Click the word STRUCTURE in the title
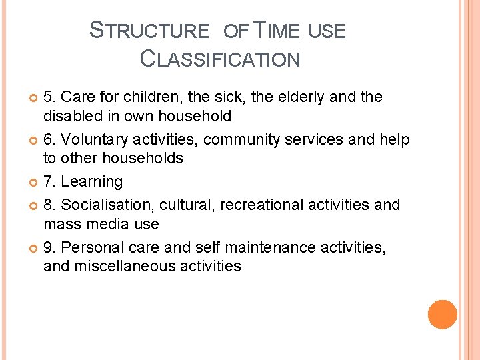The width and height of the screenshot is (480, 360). point(149,31)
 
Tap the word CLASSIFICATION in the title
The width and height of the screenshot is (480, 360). point(220,59)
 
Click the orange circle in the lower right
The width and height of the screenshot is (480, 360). point(443,315)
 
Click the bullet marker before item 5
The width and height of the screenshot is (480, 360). point(34,98)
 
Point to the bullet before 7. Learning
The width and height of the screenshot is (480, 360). point(34,183)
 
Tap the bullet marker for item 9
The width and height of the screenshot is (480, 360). point(34,248)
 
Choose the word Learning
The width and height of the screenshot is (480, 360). point(91,182)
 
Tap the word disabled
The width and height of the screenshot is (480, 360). point(72,116)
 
